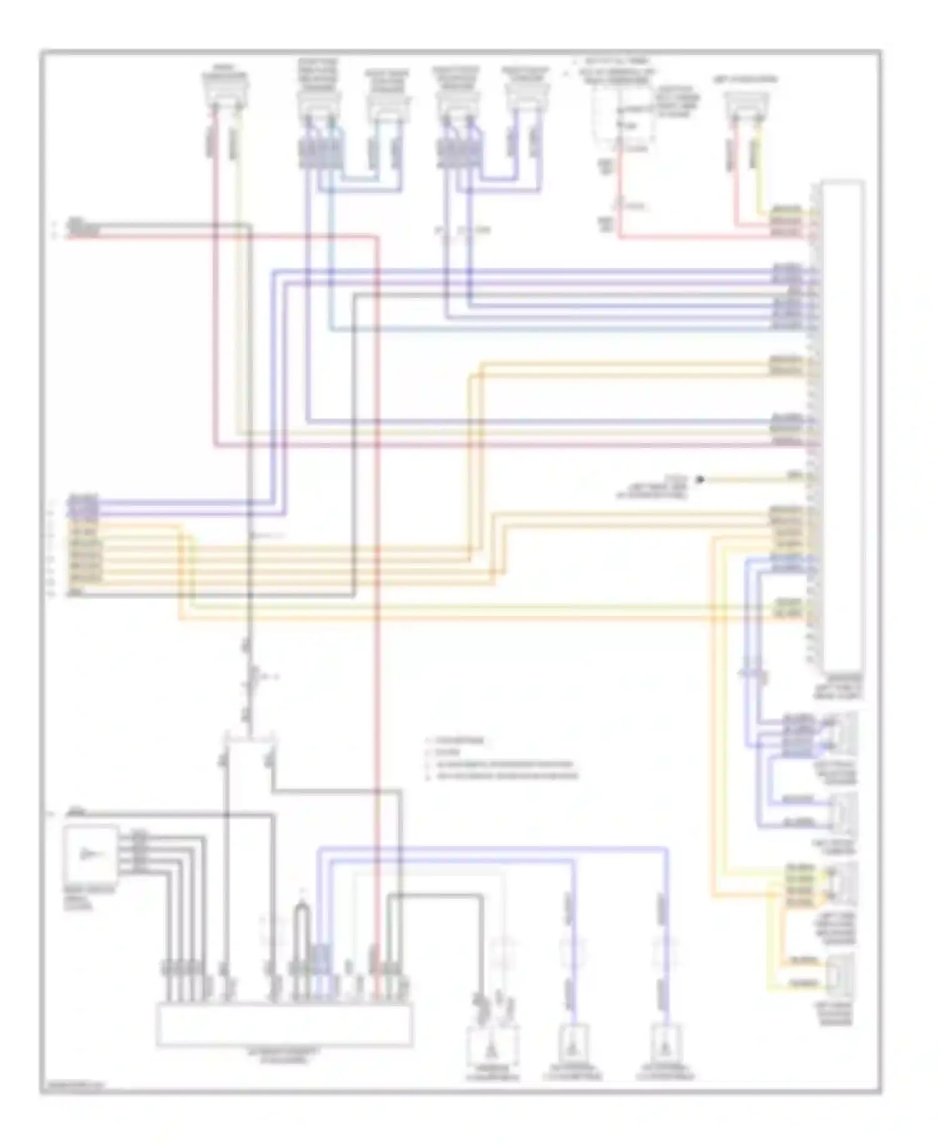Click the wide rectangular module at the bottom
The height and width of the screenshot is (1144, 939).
(x=284, y=1024)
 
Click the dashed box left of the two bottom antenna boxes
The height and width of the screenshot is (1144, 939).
(x=492, y=1046)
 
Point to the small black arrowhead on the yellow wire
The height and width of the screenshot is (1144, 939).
(x=700, y=480)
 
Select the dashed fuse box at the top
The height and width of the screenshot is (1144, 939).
(x=623, y=119)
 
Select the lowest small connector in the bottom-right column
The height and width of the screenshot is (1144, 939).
(x=841, y=974)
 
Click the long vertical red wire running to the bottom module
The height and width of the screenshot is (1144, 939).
(x=377, y=626)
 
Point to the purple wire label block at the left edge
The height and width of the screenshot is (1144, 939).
(x=83, y=506)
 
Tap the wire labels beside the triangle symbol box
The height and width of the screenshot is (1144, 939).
(x=139, y=851)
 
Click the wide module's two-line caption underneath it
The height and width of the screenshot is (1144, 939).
(x=284, y=1057)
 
